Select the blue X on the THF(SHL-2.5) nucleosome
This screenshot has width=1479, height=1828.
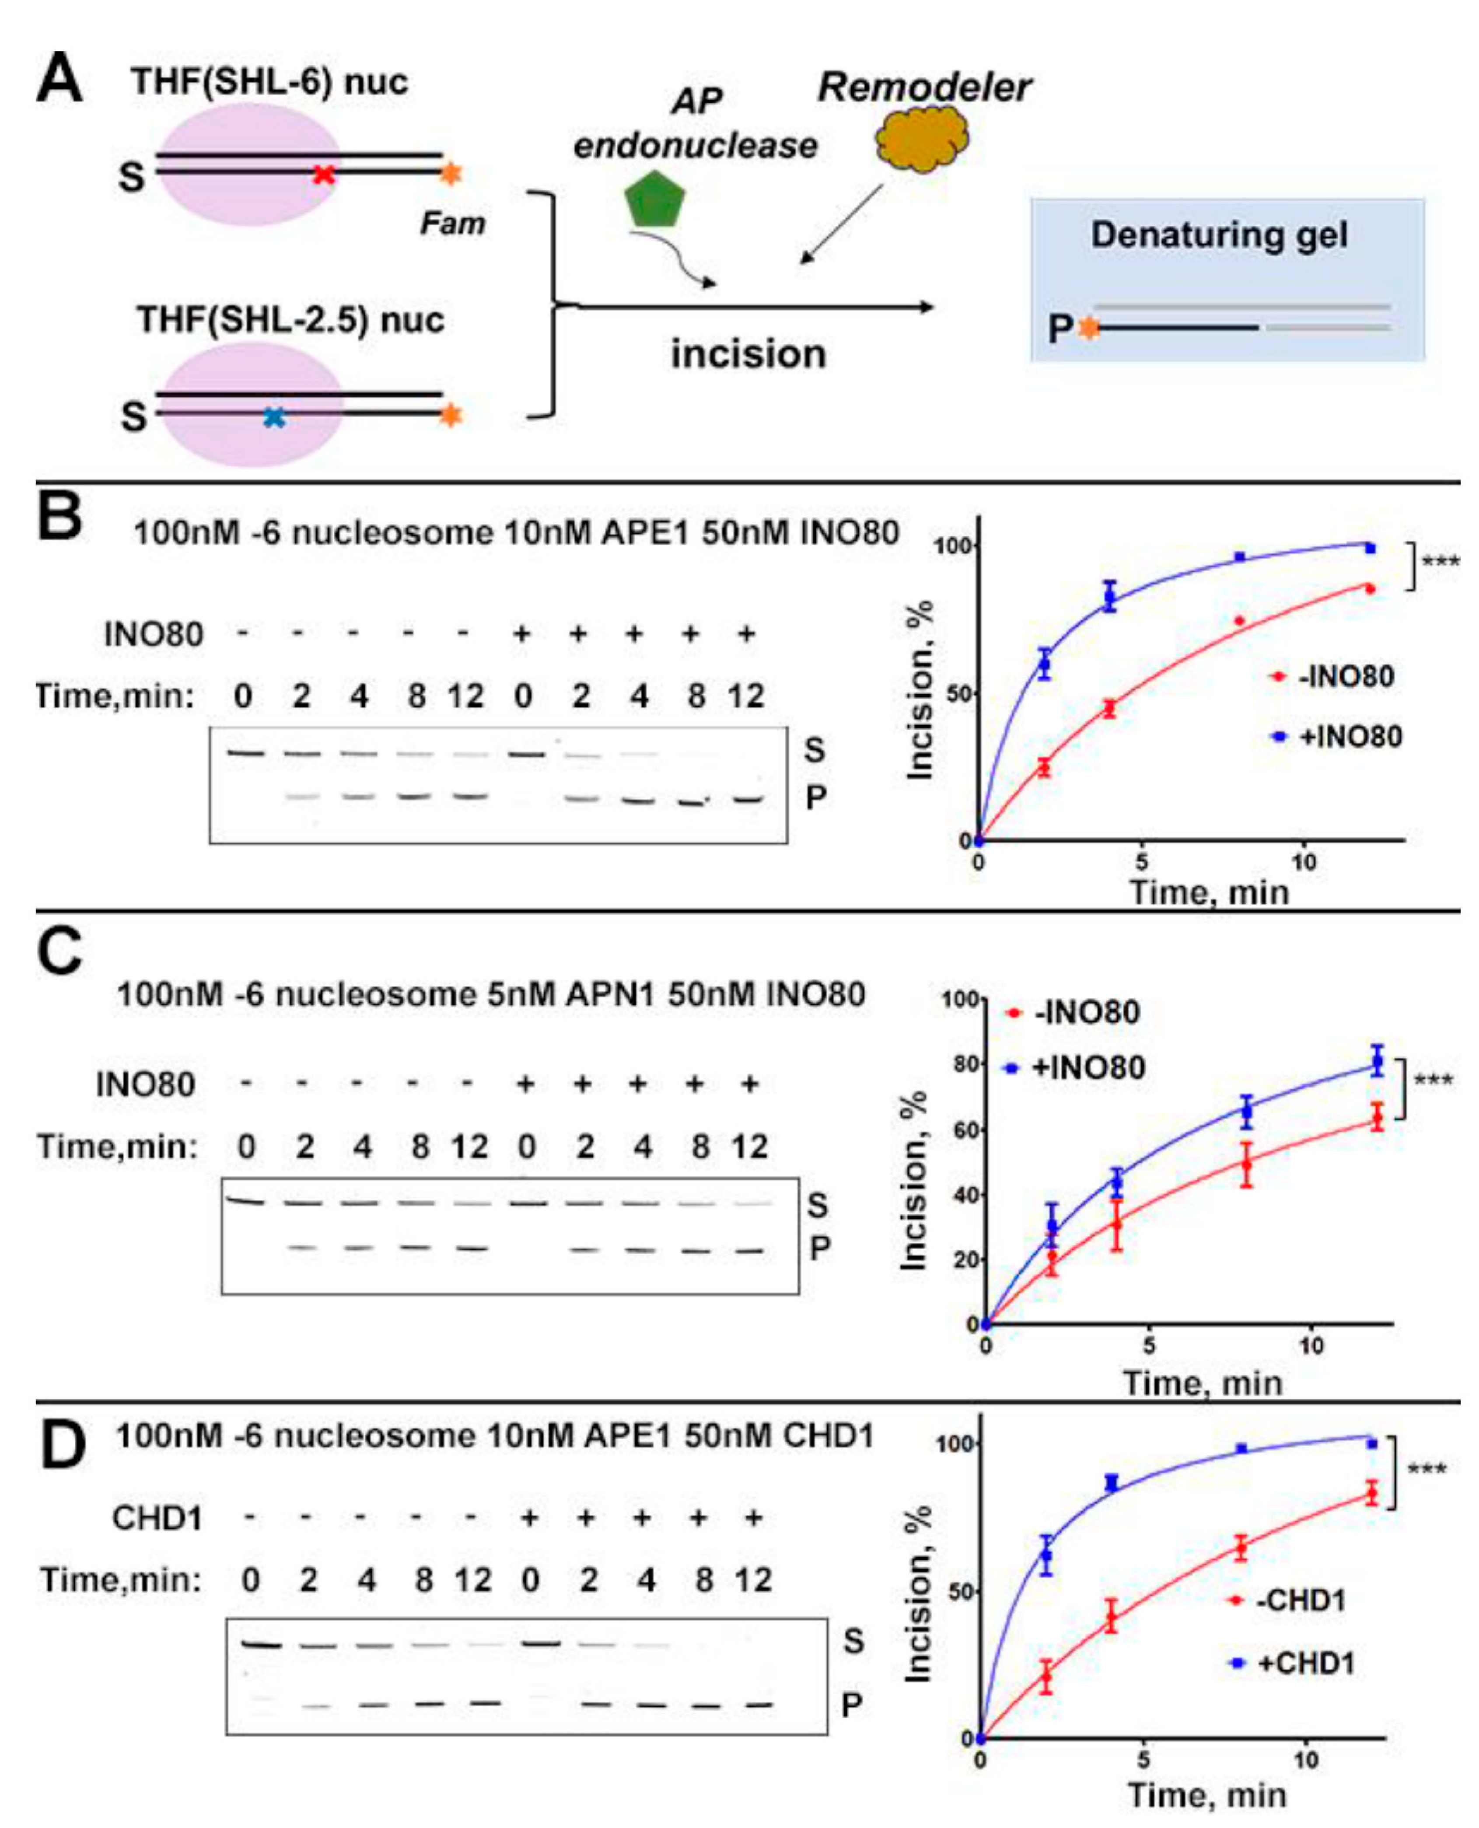click(x=273, y=416)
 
